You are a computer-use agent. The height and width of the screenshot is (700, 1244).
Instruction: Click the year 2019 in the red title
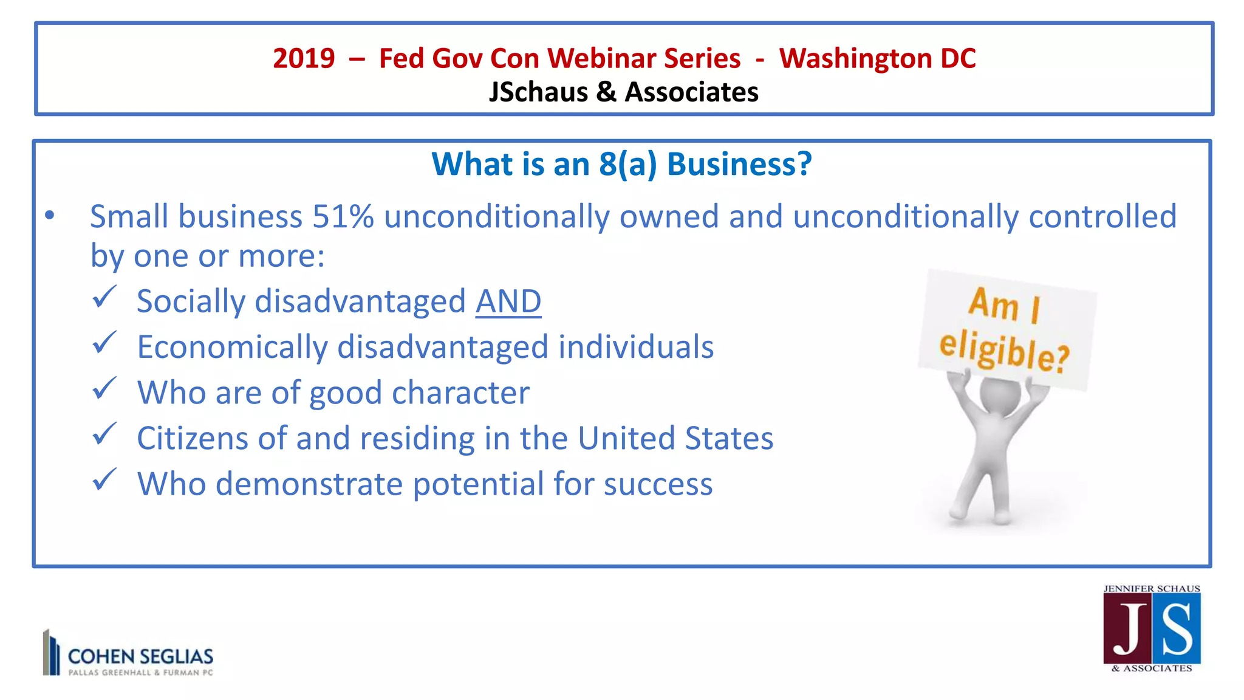tap(304, 59)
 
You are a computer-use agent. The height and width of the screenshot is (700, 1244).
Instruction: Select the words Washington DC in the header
tap(877, 59)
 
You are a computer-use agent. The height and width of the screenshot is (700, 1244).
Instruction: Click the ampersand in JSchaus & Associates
tap(606, 92)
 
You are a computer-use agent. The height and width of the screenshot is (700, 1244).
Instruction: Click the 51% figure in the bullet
tap(343, 216)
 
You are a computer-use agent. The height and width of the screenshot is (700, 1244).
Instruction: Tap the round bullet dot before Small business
tap(50, 215)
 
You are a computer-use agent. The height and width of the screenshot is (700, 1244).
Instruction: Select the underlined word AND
tap(508, 301)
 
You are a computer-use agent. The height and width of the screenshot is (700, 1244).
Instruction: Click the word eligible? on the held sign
tap(1003, 351)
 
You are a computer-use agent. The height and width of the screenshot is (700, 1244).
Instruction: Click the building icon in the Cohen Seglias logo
tap(51, 653)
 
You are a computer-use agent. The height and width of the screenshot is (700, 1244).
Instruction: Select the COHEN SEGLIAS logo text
tap(140, 657)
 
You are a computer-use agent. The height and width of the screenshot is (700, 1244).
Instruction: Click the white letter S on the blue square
tap(1176, 630)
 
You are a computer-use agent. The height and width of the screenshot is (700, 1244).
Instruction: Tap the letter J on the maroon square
tap(1128, 630)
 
